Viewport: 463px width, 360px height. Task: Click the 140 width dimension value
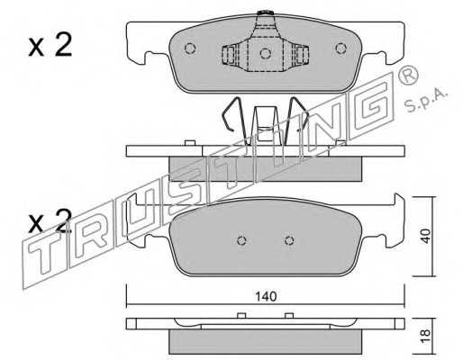click(x=266, y=296)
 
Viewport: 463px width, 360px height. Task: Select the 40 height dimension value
click(x=425, y=236)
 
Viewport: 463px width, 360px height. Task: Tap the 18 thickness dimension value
click(x=425, y=337)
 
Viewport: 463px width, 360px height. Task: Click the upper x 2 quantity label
click(x=50, y=45)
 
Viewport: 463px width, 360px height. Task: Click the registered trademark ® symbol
click(x=408, y=75)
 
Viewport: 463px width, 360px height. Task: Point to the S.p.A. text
click(x=426, y=100)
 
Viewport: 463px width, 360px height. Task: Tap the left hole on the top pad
click(x=190, y=49)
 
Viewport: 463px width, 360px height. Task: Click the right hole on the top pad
click(x=340, y=49)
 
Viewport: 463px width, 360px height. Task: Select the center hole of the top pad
click(x=266, y=53)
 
